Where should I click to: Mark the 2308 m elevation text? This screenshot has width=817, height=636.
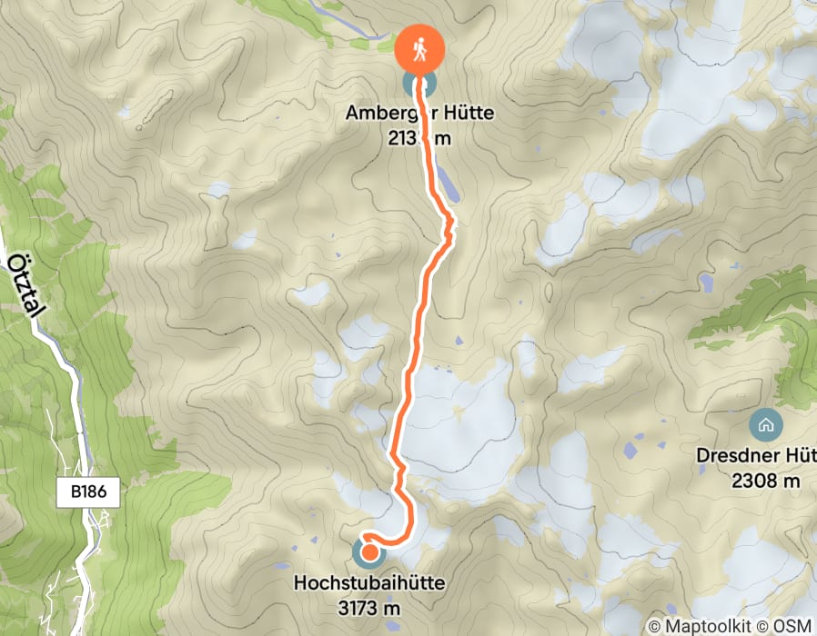click(765, 480)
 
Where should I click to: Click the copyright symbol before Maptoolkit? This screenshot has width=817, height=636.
click(657, 626)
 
